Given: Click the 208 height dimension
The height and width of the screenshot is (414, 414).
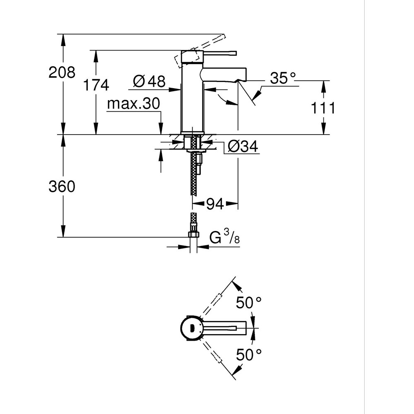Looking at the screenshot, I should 62,72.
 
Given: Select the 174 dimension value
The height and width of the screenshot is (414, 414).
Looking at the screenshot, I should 96,85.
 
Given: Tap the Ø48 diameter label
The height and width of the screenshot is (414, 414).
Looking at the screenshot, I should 149,82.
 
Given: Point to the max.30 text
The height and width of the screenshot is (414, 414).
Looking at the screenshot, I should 133,104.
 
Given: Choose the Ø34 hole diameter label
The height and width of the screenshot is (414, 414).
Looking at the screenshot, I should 243,146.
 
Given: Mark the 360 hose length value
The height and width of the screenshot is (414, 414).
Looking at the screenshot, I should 62,187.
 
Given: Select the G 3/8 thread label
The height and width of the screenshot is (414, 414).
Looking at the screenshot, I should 224,238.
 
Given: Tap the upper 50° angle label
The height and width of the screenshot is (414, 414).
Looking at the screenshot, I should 249,303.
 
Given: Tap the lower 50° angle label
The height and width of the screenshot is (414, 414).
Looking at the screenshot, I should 249,354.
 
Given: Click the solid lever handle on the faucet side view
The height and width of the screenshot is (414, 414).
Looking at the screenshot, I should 219,53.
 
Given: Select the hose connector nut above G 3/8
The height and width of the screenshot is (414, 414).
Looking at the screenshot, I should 193,234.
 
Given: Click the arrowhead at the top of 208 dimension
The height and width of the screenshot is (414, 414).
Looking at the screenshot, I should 63,38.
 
